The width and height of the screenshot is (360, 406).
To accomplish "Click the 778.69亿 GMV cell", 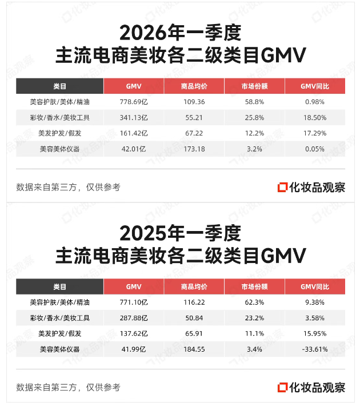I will coord(133,102).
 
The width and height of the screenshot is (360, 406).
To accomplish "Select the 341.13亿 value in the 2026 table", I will coord(133,118).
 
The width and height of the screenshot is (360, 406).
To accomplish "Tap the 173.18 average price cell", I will coord(193,149).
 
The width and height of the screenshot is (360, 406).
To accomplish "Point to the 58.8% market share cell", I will coord(254,102).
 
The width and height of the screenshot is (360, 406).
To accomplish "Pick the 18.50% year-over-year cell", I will coord(315,118).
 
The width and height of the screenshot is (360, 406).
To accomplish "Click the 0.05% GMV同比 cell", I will coord(315,149).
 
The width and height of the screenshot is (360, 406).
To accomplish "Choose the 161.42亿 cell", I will coord(133,133).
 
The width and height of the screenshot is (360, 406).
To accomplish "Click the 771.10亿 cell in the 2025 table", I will coord(133,302).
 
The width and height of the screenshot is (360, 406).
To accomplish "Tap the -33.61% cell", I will coord(315,349).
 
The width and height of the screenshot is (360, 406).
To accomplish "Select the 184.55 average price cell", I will coord(193,349).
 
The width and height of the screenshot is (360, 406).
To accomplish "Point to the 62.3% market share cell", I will coord(254,302).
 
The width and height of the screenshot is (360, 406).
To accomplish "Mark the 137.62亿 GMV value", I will coord(133,333).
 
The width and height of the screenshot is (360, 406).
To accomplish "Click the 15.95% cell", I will coord(315,333).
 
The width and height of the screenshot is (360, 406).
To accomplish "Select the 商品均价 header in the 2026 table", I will coord(193,86).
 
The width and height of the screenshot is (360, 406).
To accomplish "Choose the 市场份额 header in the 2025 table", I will coord(254,286).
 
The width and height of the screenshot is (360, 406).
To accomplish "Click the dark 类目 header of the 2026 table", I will coord(59,86).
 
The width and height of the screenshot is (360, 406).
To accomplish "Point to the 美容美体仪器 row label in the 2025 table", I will coord(59,349).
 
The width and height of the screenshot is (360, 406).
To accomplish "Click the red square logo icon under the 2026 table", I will coord(282,187).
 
